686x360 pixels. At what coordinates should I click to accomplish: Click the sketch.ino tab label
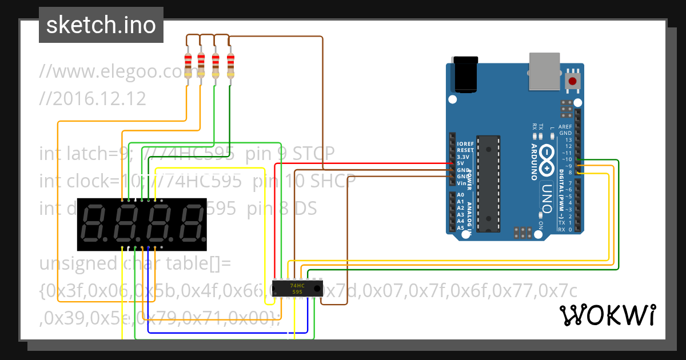click(101, 25)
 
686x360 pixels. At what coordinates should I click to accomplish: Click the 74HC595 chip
click(297, 288)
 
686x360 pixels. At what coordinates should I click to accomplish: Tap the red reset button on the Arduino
click(572, 81)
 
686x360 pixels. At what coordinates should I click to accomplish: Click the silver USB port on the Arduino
click(545, 71)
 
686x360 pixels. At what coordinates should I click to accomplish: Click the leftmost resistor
click(188, 65)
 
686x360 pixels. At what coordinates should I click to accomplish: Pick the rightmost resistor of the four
click(230, 65)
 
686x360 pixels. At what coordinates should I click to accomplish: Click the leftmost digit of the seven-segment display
click(94, 223)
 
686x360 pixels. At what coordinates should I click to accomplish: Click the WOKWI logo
click(607, 315)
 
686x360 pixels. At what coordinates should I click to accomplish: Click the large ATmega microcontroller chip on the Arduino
click(488, 183)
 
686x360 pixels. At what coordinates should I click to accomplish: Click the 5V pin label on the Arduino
click(460, 163)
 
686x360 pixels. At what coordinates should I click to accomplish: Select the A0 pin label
click(460, 195)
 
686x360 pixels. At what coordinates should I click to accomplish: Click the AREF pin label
click(565, 126)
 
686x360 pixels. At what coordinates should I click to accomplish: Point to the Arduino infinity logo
click(546, 161)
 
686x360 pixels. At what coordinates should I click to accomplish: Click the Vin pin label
click(461, 183)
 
